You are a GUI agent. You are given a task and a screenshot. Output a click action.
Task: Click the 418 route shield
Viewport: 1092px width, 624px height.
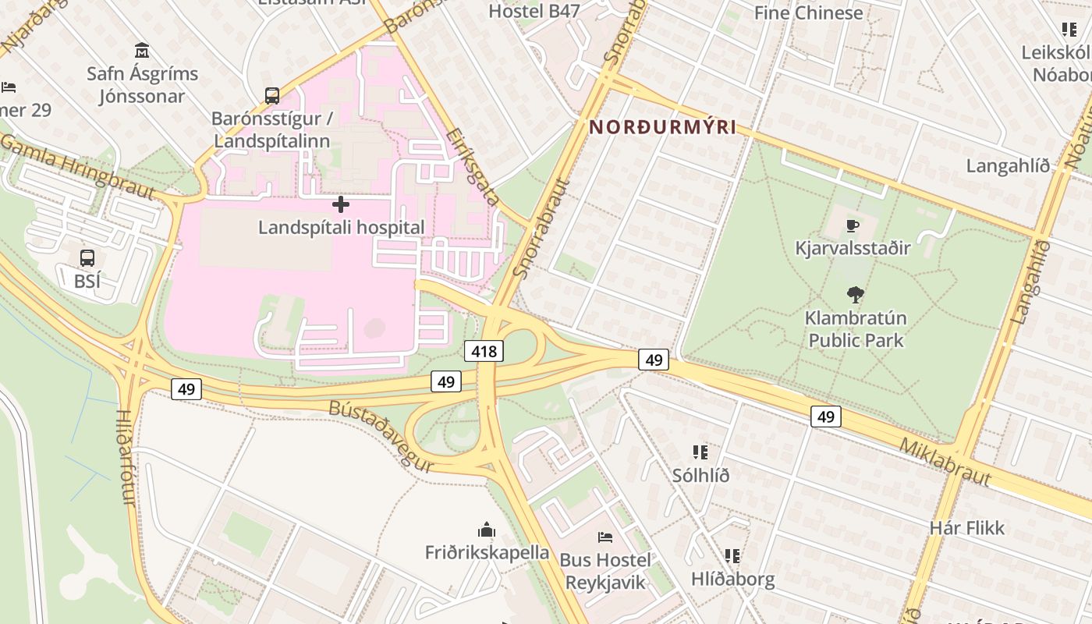[x=484, y=351]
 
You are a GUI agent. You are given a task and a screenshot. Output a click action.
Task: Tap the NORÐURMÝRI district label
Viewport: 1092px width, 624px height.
[x=662, y=127]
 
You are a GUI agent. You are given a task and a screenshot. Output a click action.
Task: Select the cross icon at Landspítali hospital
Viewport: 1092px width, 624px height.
[x=341, y=204]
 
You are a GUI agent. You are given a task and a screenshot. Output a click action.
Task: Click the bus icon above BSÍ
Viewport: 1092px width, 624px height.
[x=87, y=258]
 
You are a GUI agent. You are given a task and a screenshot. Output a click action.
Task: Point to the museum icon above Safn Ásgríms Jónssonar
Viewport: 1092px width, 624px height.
[x=142, y=51]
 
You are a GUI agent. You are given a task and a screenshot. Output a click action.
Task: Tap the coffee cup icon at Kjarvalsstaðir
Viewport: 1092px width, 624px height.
[x=853, y=226]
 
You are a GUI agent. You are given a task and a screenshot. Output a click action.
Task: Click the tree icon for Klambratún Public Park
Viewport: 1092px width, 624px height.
[x=856, y=295]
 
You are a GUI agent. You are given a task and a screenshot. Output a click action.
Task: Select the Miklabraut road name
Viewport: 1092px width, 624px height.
[x=945, y=462]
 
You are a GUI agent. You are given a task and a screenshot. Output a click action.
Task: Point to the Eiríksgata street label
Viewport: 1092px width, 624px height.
[x=473, y=167]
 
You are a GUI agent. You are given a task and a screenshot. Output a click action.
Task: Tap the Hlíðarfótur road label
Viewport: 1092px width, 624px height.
[x=126, y=457]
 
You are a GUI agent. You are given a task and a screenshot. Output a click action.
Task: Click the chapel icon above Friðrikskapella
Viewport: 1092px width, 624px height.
[x=487, y=530]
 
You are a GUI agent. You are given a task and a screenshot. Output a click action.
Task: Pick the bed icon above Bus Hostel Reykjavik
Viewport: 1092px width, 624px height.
[x=604, y=537]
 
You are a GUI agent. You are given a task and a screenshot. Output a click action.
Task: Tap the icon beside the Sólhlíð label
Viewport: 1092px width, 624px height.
[x=700, y=452]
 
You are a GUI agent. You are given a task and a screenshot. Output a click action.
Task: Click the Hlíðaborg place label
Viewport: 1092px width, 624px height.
[x=732, y=579]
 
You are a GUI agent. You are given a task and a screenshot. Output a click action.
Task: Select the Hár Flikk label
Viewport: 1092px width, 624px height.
[x=967, y=528]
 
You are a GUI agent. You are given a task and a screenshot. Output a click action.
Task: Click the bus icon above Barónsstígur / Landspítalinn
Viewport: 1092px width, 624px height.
[x=271, y=96]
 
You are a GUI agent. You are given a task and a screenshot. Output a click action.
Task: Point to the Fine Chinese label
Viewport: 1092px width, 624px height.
[x=808, y=12]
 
